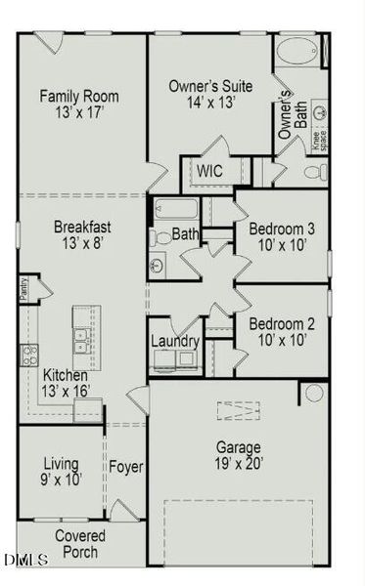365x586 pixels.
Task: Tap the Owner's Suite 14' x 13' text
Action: click(210, 95)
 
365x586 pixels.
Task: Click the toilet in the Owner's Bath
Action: click(313, 172)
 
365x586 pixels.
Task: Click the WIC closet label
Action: click(210, 171)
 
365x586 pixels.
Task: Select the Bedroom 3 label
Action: click(281, 237)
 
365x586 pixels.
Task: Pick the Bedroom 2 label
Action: click(281, 332)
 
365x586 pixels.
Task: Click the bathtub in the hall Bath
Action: click(176, 209)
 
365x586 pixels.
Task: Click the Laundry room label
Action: click(175, 342)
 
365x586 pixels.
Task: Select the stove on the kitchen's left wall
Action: click(29, 354)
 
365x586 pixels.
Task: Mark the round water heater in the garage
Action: click(313, 393)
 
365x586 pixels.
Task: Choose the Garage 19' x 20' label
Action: click(238, 456)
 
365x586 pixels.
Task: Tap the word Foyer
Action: click(126, 468)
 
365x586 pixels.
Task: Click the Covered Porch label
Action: click(80, 544)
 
